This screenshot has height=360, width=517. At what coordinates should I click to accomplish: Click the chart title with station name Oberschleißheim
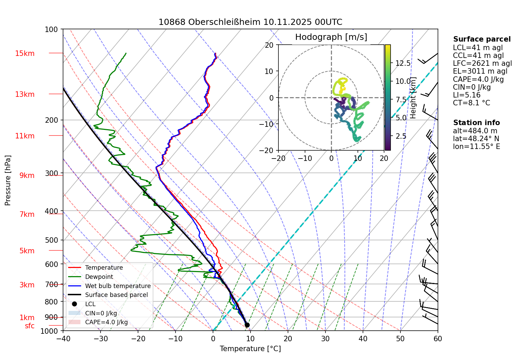coord(250,22)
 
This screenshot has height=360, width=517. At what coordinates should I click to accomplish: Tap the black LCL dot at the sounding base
coord(247,325)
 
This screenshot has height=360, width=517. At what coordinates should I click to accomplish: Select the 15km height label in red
coord(25,54)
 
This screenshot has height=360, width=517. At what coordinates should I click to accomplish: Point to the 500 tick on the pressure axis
coord(51,240)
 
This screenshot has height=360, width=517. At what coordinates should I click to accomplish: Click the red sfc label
coord(30,326)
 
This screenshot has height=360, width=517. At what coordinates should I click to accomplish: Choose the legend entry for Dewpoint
coord(99,277)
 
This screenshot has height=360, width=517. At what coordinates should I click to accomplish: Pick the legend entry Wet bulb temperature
coord(118,286)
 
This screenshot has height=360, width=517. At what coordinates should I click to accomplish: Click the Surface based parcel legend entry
coord(116,295)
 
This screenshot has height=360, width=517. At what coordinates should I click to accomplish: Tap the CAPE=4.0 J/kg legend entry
coord(106,322)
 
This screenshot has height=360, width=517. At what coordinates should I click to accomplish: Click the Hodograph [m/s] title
coord(331,37)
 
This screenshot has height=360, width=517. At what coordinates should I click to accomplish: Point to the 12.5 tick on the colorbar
coord(403,63)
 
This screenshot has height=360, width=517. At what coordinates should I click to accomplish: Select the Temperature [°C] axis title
coord(250,349)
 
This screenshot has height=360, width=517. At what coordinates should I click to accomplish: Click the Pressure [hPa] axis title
coord(8,180)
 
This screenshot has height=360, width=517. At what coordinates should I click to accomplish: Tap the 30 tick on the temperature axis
coord(325,339)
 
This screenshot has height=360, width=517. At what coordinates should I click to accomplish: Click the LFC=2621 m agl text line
coord(482,63)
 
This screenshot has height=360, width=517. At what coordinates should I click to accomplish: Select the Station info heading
coord(476,123)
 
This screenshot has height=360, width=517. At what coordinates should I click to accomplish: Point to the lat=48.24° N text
coord(476,139)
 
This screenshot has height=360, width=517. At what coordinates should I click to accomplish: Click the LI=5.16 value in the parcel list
coord(467,95)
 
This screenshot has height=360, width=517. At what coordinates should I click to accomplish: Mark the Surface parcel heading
coord(482,39)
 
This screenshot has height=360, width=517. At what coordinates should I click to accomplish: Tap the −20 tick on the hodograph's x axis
coord(278,158)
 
